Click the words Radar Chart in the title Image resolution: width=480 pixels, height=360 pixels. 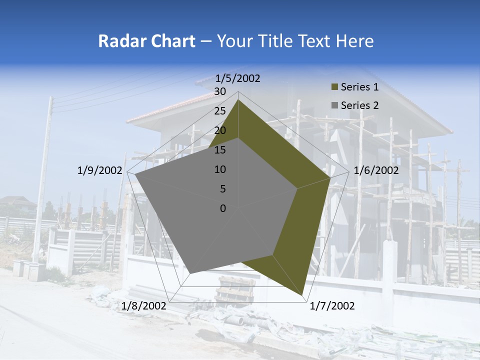[146, 41]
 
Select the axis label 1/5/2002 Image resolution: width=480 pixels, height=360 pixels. [237, 78]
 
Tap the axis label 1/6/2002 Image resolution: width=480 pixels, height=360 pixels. [376, 170]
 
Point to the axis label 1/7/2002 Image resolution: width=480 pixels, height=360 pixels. [332, 306]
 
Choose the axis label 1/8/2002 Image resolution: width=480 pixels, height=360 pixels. [144, 306]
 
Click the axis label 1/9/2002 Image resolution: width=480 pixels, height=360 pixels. [99, 170]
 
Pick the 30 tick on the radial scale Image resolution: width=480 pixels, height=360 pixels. [219, 91]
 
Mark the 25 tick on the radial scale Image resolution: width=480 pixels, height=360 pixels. [219, 111]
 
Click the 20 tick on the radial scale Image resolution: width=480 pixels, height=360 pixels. [219, 130]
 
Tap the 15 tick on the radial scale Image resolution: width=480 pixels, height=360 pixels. [219, 150]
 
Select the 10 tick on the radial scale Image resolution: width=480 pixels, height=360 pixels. [219, 169]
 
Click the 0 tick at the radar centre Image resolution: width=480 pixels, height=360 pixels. [223, 208]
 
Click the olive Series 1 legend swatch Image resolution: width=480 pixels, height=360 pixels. [334, 87]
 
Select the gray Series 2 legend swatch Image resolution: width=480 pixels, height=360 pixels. [334, 105]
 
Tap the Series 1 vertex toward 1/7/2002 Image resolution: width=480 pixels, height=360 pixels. [302, 295]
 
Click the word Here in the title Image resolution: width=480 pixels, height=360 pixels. [355, 41]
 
